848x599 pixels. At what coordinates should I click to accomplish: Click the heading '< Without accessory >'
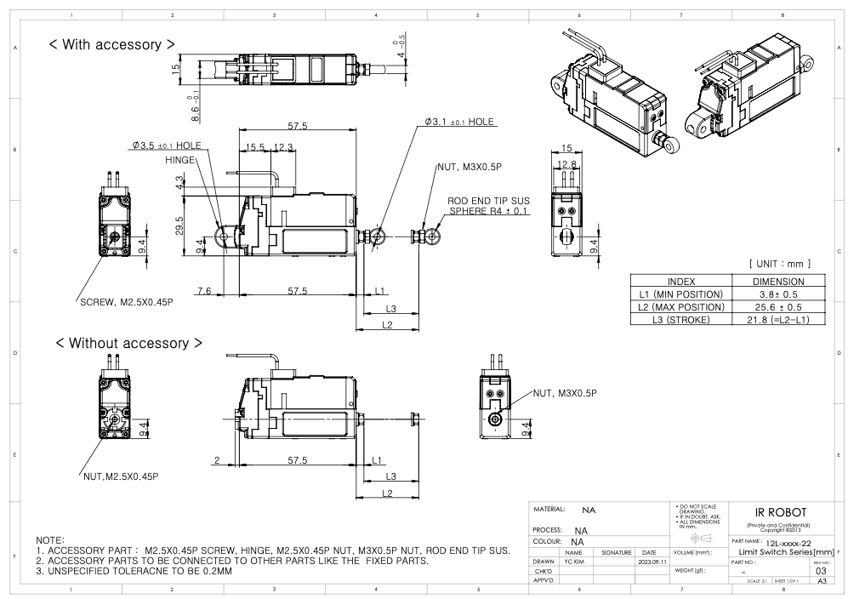click(128, 343)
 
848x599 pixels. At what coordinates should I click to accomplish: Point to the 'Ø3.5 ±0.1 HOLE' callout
click(167, 145)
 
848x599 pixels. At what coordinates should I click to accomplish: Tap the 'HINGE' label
click(181, 159)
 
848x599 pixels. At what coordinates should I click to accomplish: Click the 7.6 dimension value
click(204, 291)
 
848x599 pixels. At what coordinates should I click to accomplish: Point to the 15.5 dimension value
click(254, 148)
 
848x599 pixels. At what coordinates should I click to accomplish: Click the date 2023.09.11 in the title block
click(649, 562)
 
